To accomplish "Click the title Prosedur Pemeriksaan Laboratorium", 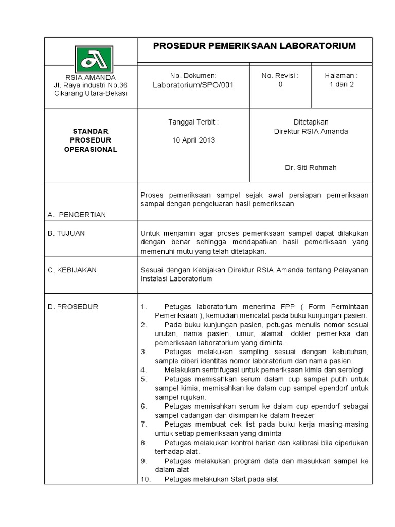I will click(255, 46).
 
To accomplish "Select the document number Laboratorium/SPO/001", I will click(193, 85).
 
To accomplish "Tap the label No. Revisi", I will click(280, 76).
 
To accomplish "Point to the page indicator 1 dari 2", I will click(342, 85).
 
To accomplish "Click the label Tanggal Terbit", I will click(193, 122).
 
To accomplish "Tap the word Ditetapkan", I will click(311, 122).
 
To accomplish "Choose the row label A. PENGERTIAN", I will click(77, 215).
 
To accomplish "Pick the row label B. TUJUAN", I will click(66, 233).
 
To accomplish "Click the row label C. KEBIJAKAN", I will click(73, 270).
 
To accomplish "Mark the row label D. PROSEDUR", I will click(73, 307).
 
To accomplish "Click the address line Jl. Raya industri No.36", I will click(91, 85).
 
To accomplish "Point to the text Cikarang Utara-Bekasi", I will click(91, 93).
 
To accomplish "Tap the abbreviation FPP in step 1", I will click(288, 307).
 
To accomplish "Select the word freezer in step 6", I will click(300, 415).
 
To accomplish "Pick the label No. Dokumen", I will click(193, 76).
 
